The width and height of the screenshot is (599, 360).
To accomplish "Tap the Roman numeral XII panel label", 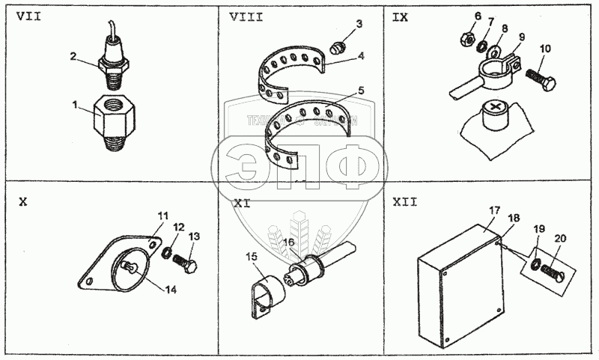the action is pos(404,201).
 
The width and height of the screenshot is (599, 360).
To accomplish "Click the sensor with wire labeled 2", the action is pos(114,58).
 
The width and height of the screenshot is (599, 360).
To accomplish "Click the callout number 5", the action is pos(362,91).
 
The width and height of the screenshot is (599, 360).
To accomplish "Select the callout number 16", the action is pos(288,243).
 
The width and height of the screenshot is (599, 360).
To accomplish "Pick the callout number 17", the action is pos(493,212).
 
